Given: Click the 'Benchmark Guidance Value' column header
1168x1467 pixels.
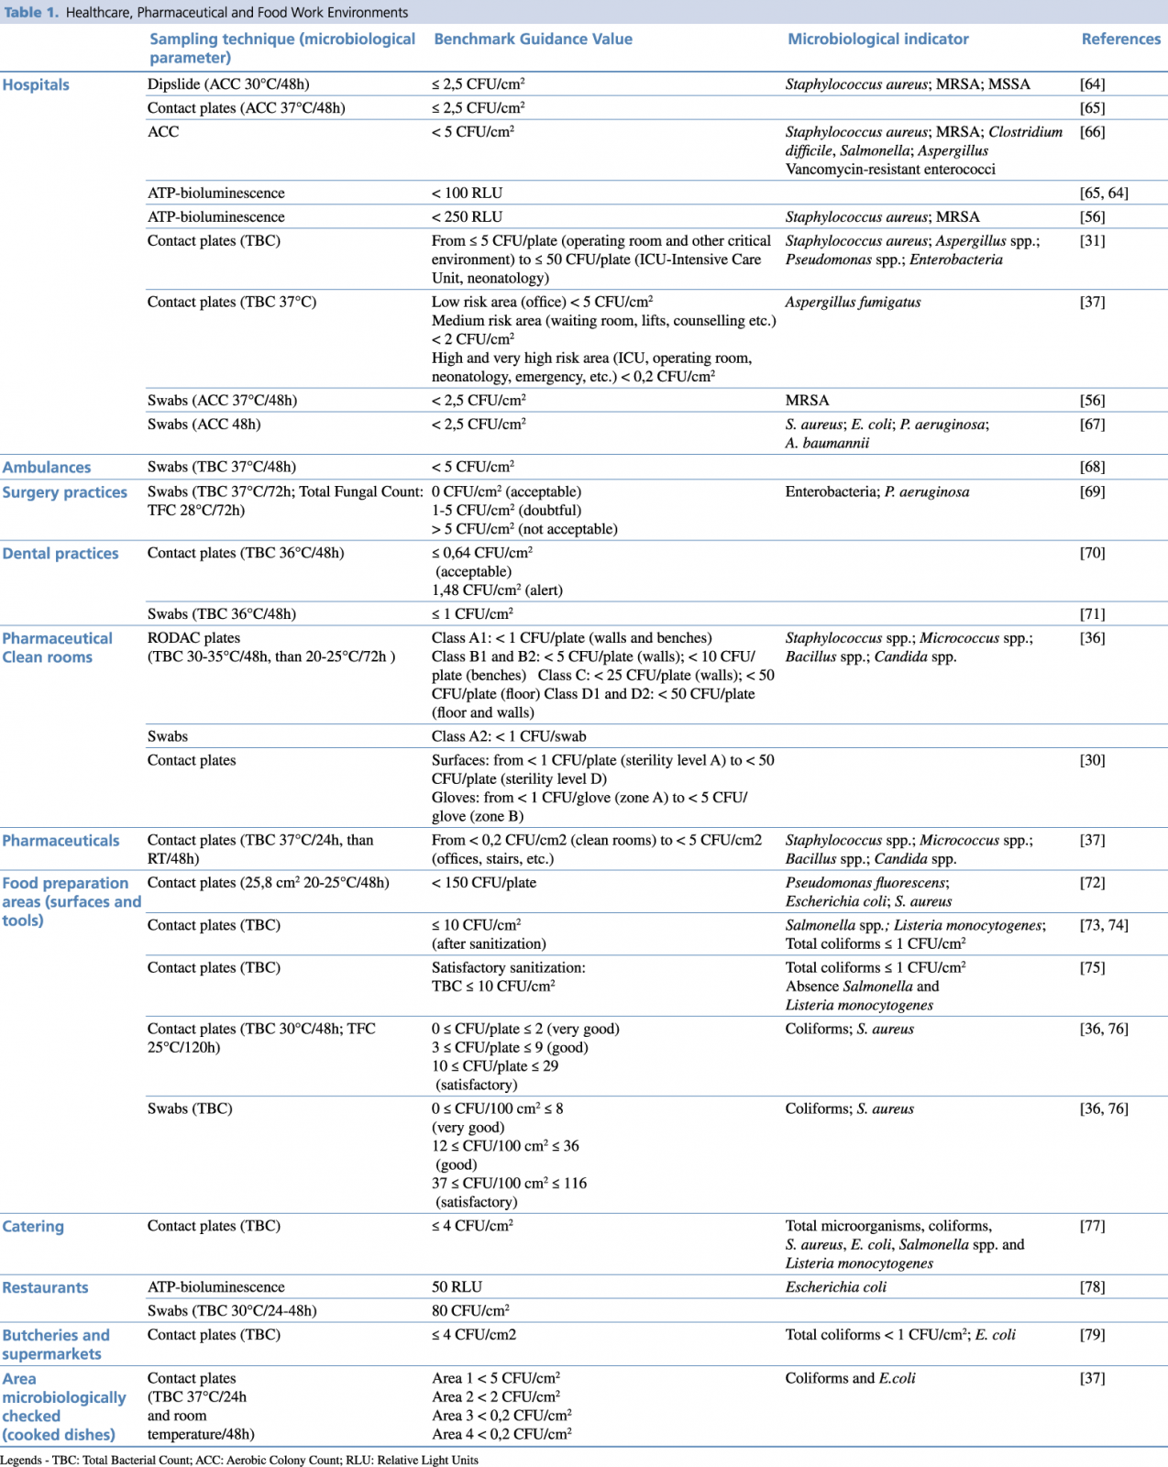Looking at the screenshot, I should tap(533, 39).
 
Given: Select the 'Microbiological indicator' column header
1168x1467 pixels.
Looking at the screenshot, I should tap(877, 39).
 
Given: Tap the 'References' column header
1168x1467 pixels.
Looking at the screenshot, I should tap(1120, 39).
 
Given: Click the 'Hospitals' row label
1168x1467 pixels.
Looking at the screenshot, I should tap(36, 85).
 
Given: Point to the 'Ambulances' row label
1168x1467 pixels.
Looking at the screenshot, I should tap(47, 468).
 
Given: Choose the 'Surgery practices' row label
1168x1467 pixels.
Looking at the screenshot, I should tap(64, 492).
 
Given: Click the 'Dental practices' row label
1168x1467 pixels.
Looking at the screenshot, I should tap(61, 554).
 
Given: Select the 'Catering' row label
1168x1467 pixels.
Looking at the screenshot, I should tap(33, 1227).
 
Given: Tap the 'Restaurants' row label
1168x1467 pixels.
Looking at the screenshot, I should tap(45, 1288).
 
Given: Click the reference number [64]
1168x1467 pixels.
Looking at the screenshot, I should tap(1092, 84).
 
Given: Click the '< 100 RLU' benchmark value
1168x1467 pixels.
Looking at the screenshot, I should tap(467, 193).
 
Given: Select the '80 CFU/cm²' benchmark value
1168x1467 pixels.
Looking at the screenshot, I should tap(470, 1311).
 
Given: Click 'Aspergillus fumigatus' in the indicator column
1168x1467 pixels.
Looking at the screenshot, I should tap(853, 303).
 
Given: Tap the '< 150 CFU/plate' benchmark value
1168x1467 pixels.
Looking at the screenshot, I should tap(484, 883).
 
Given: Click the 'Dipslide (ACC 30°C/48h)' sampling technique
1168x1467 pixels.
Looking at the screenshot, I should tap(228, 84).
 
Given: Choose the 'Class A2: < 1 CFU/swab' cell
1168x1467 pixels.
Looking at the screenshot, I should tap(509, 736).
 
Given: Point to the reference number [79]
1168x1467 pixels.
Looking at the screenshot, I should tap(1092, 1335).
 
